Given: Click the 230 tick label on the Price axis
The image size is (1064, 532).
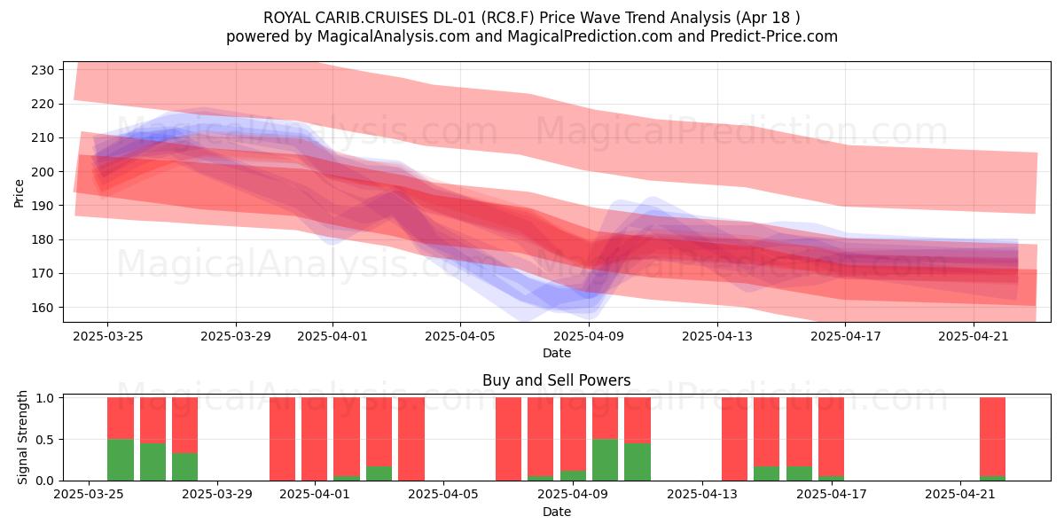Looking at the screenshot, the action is pyautogui.click(x=43, y=70).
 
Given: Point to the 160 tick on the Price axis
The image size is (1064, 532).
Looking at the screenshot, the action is pyautogui.click(x=43, y=308).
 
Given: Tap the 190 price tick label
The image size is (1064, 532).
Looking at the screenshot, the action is pyautogui.click(x=43, y=206).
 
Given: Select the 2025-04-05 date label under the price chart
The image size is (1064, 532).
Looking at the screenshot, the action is pyautogui.click(x=460, y=336).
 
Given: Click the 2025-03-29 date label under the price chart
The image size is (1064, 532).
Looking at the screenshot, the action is pyautogui.click(x=236, y=336).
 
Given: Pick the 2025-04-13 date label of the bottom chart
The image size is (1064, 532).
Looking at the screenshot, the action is pyautogui.click(x=702, y=495).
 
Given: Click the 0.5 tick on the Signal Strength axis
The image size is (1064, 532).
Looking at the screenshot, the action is pyautogui.click(x=45, y=440).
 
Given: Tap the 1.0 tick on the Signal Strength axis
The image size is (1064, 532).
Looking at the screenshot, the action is pyautogui.click(x=45, y=398).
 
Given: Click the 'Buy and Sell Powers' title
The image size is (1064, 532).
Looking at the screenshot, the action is pyautogui.click(x=556, y=380).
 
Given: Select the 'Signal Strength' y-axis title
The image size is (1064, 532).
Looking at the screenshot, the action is pyautogui.click(x=22, y=437).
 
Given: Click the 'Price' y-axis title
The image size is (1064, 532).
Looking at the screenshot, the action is pyautogui.click(x=19, y=193).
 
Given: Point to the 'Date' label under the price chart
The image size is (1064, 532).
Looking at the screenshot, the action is pyautogui.click(x=557, y=353).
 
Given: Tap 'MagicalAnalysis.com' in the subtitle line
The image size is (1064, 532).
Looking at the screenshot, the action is pyautogui.click(x=394, y=36).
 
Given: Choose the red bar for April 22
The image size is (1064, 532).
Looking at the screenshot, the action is pyautogui.click(x=993, y=436).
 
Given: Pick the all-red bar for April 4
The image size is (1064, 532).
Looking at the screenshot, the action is pyautogui.click(x=411, y=439).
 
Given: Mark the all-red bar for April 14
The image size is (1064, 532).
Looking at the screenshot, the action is pyautogui.click(x=734, y=439).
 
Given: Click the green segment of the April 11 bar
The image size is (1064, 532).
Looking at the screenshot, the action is pyautogui.click(x=638, y=462).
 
